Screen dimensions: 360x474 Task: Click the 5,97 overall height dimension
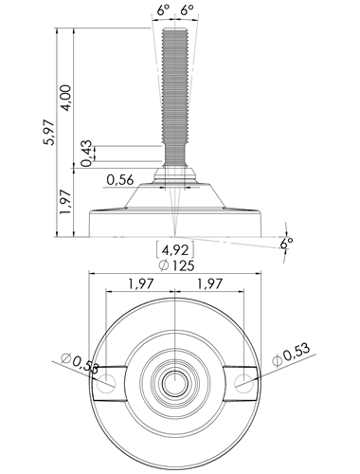tap(49, 133)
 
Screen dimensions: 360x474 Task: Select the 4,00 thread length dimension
tap(66, 98)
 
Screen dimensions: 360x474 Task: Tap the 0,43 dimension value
tap(86, 154)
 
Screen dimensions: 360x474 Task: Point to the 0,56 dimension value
tap(120, 180)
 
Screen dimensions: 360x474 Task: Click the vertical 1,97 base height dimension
tap(66, 202)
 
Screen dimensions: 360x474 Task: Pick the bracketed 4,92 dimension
tap(175, 250)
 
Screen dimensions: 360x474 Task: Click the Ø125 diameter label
tap(176, 265)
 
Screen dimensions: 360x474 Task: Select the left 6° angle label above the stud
tap(163, 9)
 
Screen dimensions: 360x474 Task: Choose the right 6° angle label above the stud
tap(187, 9)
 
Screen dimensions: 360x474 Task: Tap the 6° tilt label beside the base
tap(286, 243)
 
